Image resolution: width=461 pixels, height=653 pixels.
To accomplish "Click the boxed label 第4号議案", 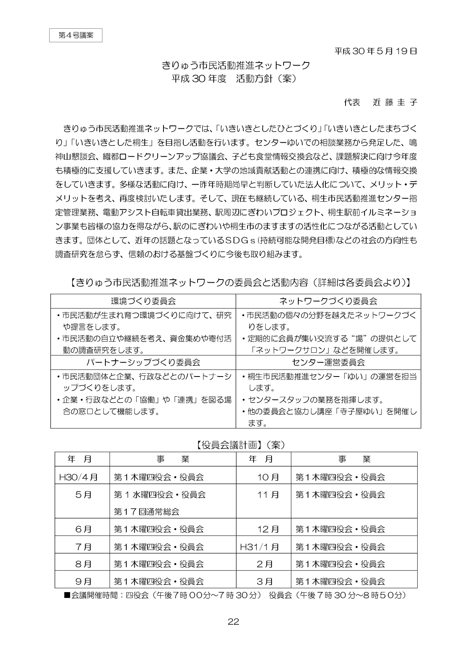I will point(76,35).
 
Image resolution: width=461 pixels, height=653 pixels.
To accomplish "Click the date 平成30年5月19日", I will point(375,51).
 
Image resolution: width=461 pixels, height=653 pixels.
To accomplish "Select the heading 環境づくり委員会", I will point(143,301).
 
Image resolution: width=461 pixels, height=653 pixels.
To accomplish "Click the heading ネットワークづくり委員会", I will point(328,301).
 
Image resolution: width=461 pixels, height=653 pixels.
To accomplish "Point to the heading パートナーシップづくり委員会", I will point(143,363).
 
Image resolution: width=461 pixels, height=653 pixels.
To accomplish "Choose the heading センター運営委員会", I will point(328,363).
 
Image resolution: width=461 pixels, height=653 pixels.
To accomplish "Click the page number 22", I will point(233,622).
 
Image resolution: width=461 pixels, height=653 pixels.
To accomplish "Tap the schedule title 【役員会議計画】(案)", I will point(239,445).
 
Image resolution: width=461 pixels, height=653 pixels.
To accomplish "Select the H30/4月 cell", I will point(78,477).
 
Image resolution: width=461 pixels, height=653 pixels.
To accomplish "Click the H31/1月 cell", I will point(259,547).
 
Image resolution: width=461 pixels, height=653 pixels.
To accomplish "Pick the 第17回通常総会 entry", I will point(146,512).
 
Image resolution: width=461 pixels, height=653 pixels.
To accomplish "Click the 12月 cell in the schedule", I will point(268,529).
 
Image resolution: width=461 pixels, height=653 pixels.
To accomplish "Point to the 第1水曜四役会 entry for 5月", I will point(160,495).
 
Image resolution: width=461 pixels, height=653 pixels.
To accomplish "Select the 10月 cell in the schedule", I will point(268,477).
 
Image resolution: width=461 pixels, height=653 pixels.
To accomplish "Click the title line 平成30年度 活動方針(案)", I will point(235,78).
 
